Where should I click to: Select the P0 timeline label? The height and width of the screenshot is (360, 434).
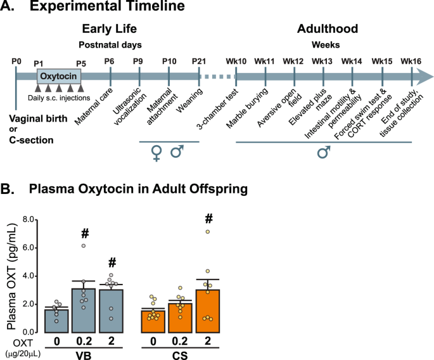(16, 61)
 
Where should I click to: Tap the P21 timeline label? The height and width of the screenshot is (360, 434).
(199, 61)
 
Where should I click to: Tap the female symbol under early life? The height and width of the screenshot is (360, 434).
(155, 153)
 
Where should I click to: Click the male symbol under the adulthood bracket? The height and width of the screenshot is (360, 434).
(324, 154)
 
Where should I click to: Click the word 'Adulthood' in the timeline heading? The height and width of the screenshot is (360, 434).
(327, 29)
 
